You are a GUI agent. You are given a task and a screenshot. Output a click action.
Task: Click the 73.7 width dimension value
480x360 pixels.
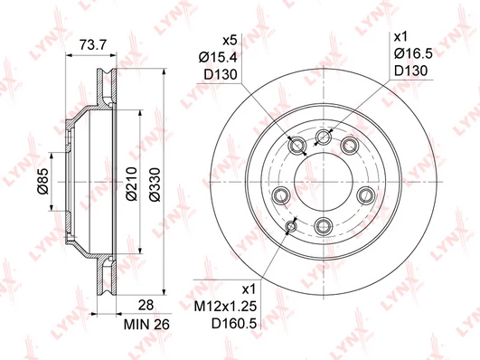click(93, 44)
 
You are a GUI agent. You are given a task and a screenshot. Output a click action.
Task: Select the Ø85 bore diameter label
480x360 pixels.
click(42, 182)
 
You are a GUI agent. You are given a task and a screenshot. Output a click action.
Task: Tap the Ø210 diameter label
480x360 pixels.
click(131, 184)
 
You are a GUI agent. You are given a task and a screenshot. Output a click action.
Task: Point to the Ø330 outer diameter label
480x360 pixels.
click(155, 185)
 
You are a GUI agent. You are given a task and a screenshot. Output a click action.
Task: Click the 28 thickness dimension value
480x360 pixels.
click(146, 305)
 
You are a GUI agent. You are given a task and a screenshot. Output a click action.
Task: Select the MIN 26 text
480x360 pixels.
click(146, 325)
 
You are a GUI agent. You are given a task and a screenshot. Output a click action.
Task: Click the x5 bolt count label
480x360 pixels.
click(230, 40)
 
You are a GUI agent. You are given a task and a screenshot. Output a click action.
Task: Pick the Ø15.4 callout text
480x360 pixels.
click(218, 57)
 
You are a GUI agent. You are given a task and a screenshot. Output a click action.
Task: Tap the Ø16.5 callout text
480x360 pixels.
click(413, 54)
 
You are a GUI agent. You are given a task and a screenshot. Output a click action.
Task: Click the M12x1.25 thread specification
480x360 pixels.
click(225, 306)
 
